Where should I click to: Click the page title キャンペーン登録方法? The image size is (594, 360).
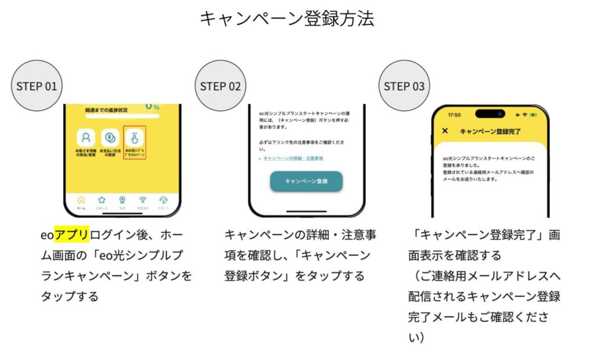pos(287,19)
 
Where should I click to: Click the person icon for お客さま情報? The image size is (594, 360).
pos(86,138)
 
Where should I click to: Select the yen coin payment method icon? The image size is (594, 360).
pos(110,138)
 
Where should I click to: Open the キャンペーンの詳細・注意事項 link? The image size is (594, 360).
pos(293,158)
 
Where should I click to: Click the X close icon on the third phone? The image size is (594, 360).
pos(445,131)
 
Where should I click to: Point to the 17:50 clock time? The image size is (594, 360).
pos(454,115)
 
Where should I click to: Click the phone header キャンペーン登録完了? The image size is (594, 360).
pos(490,132)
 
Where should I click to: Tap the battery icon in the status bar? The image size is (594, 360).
pos(533,115)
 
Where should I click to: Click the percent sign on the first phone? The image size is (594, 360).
pos(155,108)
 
